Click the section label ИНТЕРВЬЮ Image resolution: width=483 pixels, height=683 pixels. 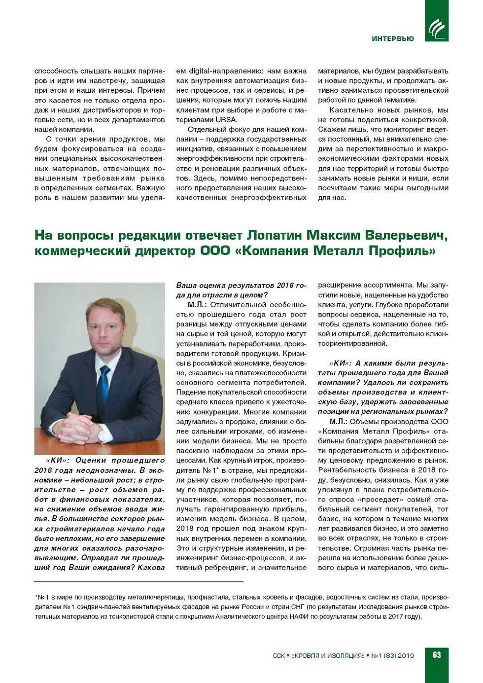[393, 38]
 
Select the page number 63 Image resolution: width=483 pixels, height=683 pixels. [437, 655]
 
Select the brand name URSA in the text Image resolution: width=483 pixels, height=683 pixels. [226, 120]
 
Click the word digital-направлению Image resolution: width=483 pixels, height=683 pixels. [221, 71]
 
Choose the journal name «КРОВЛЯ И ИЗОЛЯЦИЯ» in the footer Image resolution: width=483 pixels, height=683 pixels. [328, 655]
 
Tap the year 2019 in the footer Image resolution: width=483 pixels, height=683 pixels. [406, 655]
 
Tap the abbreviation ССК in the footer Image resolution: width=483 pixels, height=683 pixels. [278, 655]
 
